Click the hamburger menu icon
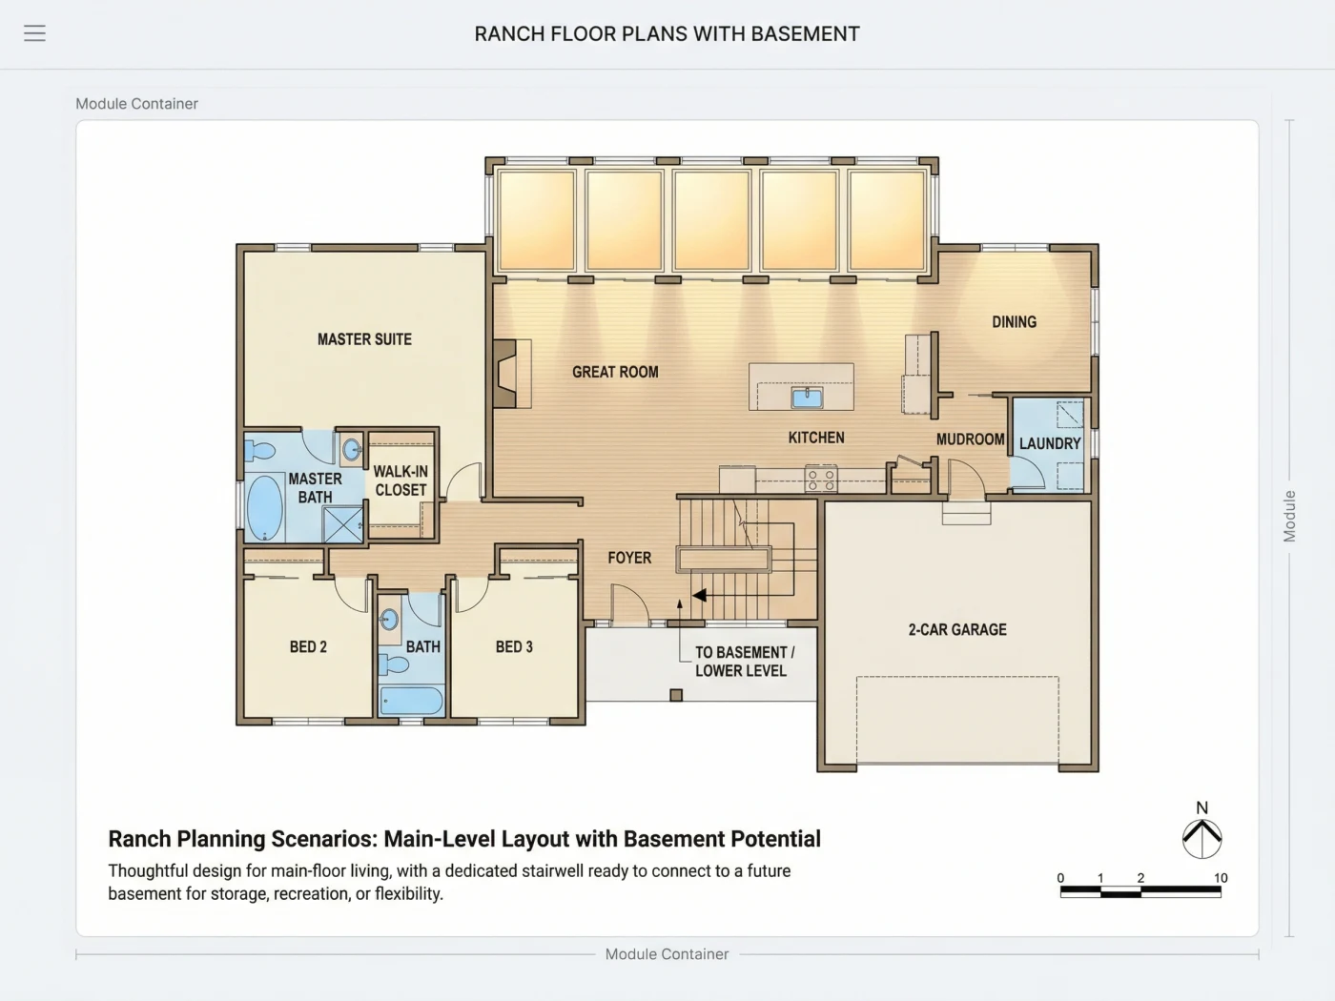pyautogui.click(x=34, y=32)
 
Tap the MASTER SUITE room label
pyautogui.click(x=364, y=339)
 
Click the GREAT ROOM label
pyautogui.click(x=615, y=372)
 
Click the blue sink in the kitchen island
pyautogui.click(x=807, y=398)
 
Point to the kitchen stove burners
pyautogui.click(x=820, y=479)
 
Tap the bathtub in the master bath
pyautogui.click(x=264, y=508)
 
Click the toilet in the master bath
pyautogui.click(x=259, y=451)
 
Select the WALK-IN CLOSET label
pyautogui.click(x=400, y=480)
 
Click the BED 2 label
pyautogui.click(x=308, y=646)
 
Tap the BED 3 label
pyautogui.click(x=514, y=646)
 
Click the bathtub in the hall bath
pyautogui.click(x=412, y=701)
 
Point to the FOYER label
pyautogui.click(x=629, y=558)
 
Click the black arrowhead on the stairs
pyautogui.click(x=699, y=595)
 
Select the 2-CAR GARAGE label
pyautogui.click(x=957, y=629)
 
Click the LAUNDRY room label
pyautogui.click(x=1050, y=443)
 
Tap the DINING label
pyautogui.click(x=1014, y=321)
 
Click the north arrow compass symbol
pyautogui.click(x=1201, y=839)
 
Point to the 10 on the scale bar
pyautogui.click(x=1221, y=878)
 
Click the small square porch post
pyautogui.click(x=676, y=695)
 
